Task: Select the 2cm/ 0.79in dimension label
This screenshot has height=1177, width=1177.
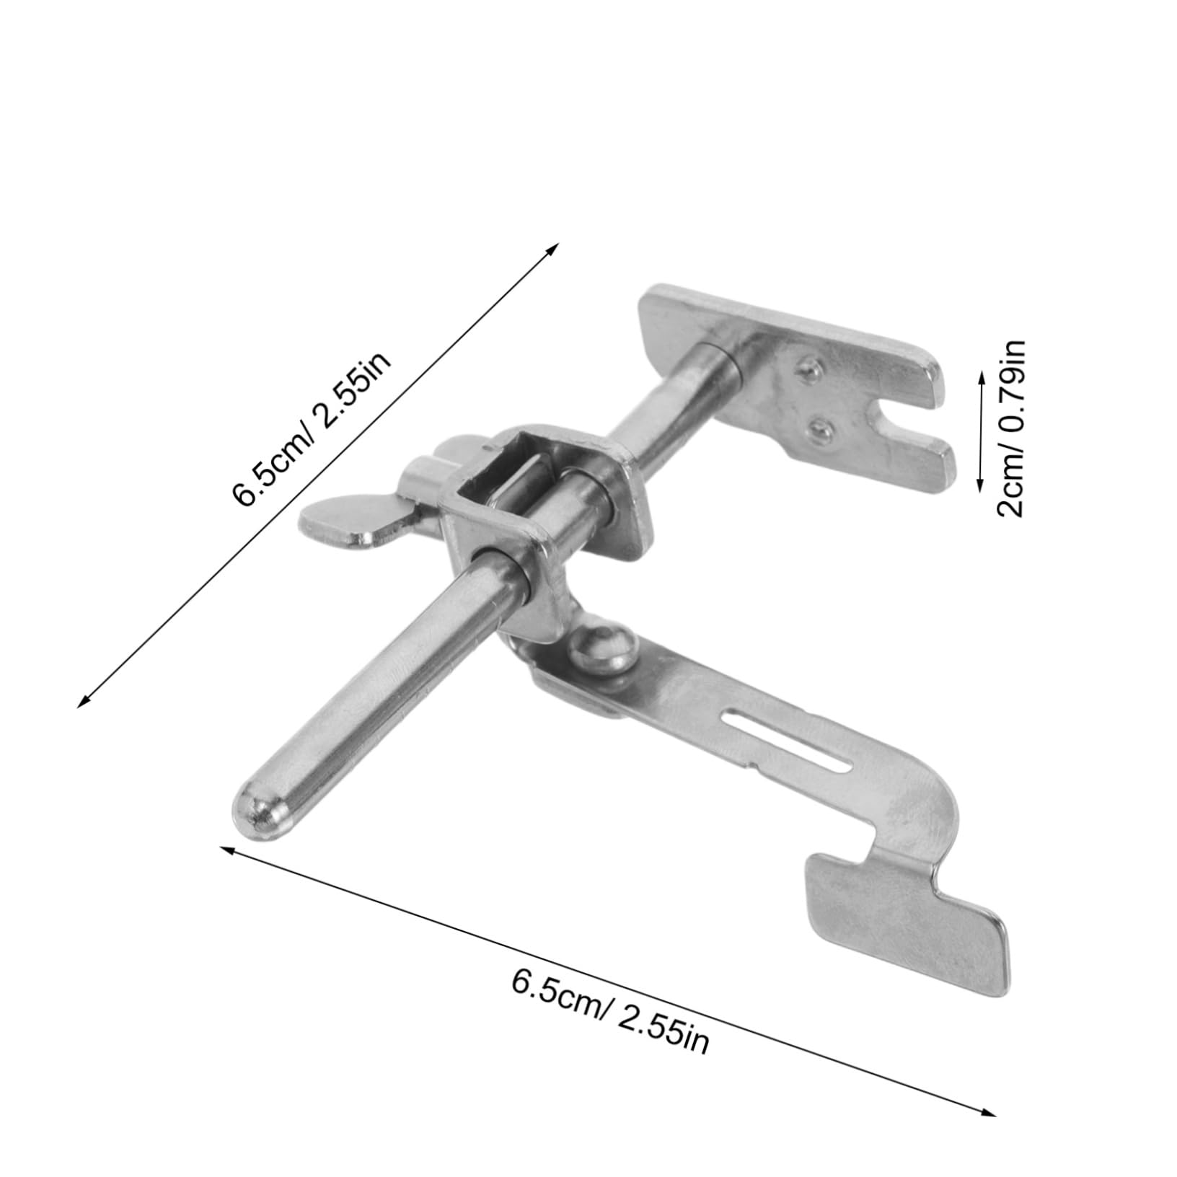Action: [1010, 428]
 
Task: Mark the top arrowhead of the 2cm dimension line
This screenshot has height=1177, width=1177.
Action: [980, 374]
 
